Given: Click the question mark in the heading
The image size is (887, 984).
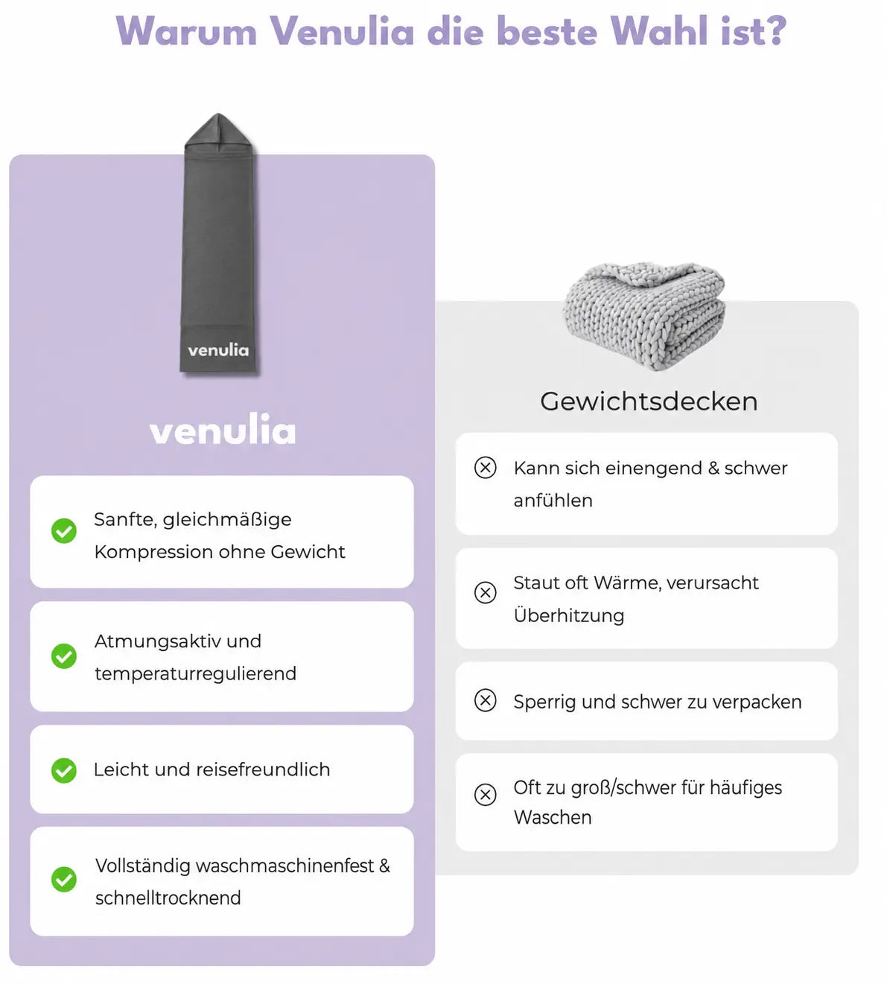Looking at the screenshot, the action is [x=774, y=31].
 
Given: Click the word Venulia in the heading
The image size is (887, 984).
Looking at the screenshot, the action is [x=343, y=32].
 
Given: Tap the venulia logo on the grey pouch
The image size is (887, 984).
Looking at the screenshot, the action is [x=218, y=350].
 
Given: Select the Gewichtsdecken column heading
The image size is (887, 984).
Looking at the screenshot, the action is [x=649, y=401].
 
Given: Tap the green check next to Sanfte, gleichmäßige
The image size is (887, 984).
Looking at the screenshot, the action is [x=64, y=531].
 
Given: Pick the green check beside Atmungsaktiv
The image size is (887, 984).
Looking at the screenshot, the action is [x=64, y=656].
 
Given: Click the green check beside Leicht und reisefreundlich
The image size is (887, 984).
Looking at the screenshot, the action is [x=64, y=770].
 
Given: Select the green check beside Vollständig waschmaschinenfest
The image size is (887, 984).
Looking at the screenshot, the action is [x=64, y=879].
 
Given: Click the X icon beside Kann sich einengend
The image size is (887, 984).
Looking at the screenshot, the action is [x=485, y=468].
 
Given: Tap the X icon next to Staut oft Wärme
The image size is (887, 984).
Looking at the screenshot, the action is [x=485, y=592].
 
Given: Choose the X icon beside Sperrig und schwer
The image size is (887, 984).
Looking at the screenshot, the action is [x=485, y=700].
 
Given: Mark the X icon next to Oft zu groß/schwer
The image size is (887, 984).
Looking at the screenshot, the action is [x=485, y=795].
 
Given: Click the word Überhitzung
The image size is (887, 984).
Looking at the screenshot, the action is [x=568, y=615].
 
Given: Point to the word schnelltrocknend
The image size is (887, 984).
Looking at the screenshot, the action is [x=168, y=898].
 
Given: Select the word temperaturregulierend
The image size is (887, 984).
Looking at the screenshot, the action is [x=195, y=674].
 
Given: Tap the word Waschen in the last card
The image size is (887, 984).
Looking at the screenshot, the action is [x=553, y=818].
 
